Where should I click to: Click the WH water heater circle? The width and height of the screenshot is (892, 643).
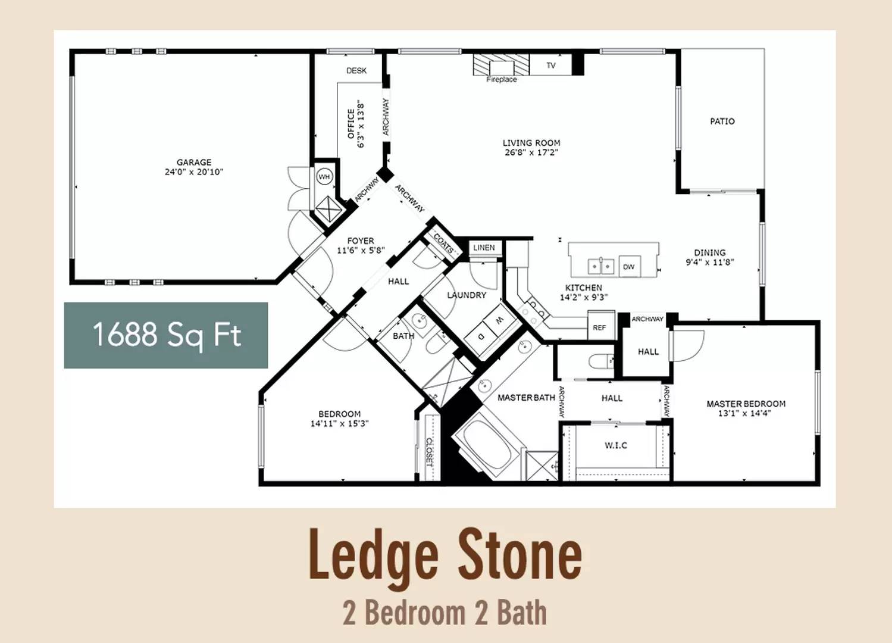[x=324, y=176]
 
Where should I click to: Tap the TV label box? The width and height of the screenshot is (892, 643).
[x=550, y=65]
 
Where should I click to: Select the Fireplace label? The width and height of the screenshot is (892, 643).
[x=502, y=79]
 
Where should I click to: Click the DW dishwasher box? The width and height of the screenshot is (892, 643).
[x=630, y=266]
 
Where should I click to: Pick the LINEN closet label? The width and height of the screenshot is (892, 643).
[x=484, y=248]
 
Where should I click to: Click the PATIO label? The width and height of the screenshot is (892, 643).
[x=722, y=121]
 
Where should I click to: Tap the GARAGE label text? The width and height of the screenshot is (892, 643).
[x=194, y=162]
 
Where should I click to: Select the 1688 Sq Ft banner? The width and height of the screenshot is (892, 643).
[x=165, y=335]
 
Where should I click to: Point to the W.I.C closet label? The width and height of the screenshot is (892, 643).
[x=616, y=445]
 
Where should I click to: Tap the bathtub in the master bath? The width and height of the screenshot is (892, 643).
[x=486, y=445]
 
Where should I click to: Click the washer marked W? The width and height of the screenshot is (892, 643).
[x=497, y=320]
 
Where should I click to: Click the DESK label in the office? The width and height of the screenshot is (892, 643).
[x=356, y=70]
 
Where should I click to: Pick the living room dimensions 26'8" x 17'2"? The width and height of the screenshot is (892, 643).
[x=531, y=152]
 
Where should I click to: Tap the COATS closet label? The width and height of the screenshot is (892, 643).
[x=443, y=244]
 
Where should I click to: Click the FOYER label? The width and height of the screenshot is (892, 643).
[x=361, y=241]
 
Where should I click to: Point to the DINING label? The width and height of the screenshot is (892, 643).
[x=710, y=252]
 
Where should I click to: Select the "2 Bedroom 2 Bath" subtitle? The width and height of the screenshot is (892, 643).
[x=445, y=613]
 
